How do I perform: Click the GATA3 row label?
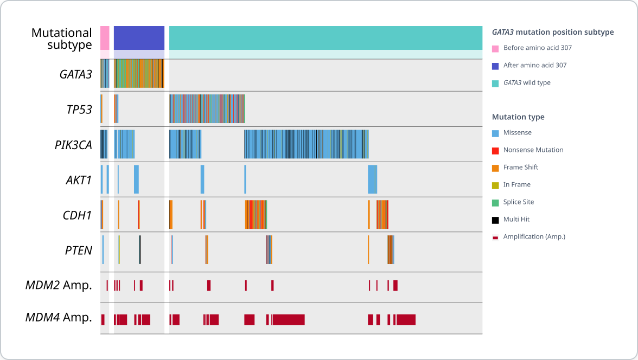(75, 74)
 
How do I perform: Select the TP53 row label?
(79, 110)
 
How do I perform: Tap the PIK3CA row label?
(73, 145)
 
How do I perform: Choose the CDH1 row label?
(77, 215)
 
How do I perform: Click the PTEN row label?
(78, 250)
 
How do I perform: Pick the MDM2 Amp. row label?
(59, 285)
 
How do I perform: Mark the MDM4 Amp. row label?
(59, 318)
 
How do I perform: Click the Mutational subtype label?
(62, 38)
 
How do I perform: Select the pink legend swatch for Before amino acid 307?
(495, 48)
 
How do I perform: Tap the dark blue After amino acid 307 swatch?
(495, 65)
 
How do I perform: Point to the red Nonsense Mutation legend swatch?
(495, 150)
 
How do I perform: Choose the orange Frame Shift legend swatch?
(495, 167)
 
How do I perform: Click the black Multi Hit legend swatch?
(495, 219)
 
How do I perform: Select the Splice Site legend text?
(518, 202)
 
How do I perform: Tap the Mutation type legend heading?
(518, 117)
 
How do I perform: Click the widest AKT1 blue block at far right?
(372, 179)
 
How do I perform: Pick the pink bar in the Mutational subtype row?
(105, 38)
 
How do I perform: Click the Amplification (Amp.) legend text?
(534, 236)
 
